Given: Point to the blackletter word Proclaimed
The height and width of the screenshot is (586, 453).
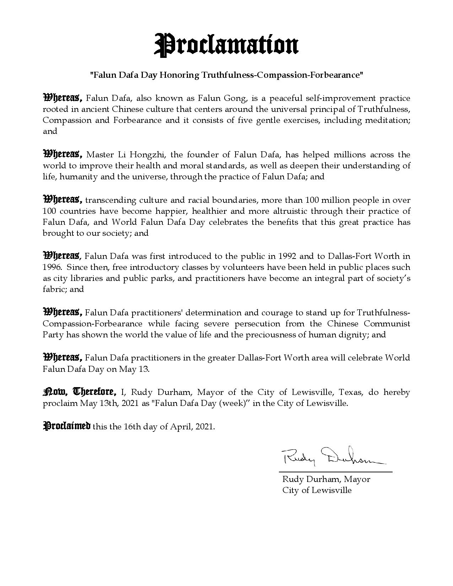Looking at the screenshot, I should (67, 426).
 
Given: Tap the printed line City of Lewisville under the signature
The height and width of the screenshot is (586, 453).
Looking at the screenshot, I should (317, 490).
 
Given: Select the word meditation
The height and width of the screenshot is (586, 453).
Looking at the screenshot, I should (390, 120).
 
